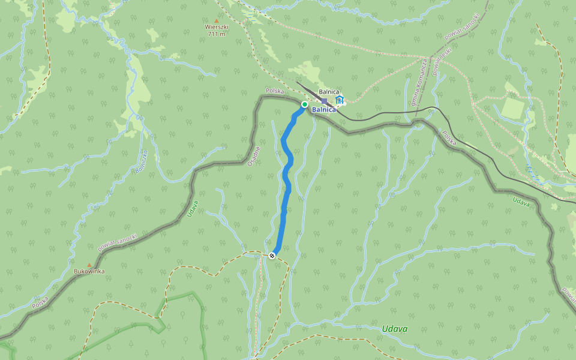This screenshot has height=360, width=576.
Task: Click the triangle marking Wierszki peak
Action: click(217, 20)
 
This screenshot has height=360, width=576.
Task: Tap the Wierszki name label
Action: click(217, 28)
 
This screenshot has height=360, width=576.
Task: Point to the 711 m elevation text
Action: click(217, 34)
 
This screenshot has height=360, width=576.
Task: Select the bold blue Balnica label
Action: click(324, 110)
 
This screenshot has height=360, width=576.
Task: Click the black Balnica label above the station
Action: click(329, 92)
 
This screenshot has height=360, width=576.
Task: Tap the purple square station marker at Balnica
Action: click(325, 101)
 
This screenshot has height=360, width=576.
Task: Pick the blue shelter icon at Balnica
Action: click(340, 100)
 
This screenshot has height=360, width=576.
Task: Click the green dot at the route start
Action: click(304, 104)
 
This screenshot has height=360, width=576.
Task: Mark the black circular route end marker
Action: click(272, 256)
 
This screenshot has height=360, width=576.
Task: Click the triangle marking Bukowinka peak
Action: click(89, 265)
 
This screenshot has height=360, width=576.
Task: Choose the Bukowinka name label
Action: click(89, 272)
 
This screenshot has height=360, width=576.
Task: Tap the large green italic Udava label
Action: click(395, 329)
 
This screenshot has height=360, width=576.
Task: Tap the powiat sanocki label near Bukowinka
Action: click(117, 242)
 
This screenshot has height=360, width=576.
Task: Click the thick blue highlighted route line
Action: click(287, 180)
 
